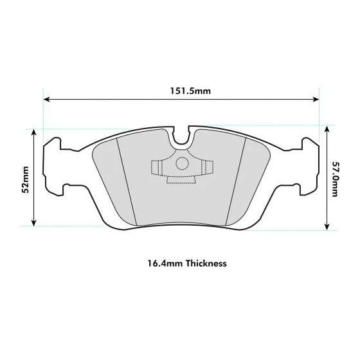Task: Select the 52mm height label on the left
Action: (x=26, y=179)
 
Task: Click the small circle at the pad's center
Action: (x=182, y=163)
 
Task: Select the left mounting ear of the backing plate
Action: (x=53, y=164)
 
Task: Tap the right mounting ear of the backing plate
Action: (x=310, y=164)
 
